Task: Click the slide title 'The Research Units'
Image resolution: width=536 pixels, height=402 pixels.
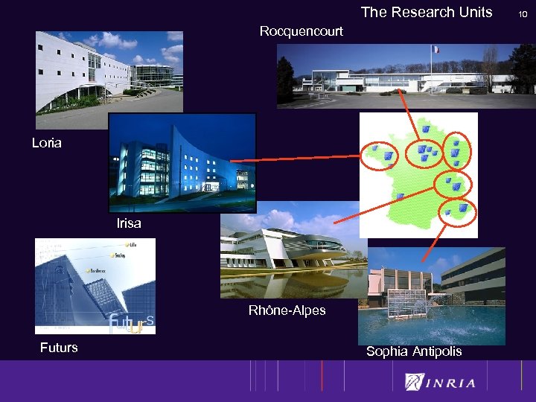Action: (427, 12)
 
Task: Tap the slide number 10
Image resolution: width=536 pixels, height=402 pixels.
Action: (523, 13)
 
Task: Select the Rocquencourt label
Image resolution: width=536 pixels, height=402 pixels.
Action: (301, 31)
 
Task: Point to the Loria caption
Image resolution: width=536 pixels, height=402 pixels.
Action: (47, 143)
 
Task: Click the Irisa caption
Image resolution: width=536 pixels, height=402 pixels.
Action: (129, 223)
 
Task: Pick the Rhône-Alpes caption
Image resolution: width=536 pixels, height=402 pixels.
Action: (287, 310)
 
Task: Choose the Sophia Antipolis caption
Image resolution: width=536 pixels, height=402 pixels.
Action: (414, 351)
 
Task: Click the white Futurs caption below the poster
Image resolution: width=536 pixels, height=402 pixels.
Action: (59, 348)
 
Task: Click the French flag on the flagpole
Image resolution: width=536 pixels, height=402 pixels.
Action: (435, 50)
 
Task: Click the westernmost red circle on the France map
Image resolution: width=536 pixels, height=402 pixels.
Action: (381, 155)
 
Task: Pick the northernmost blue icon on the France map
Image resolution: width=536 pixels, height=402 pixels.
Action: (426, 129)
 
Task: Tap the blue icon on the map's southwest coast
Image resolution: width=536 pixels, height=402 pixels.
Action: (400, 197)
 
